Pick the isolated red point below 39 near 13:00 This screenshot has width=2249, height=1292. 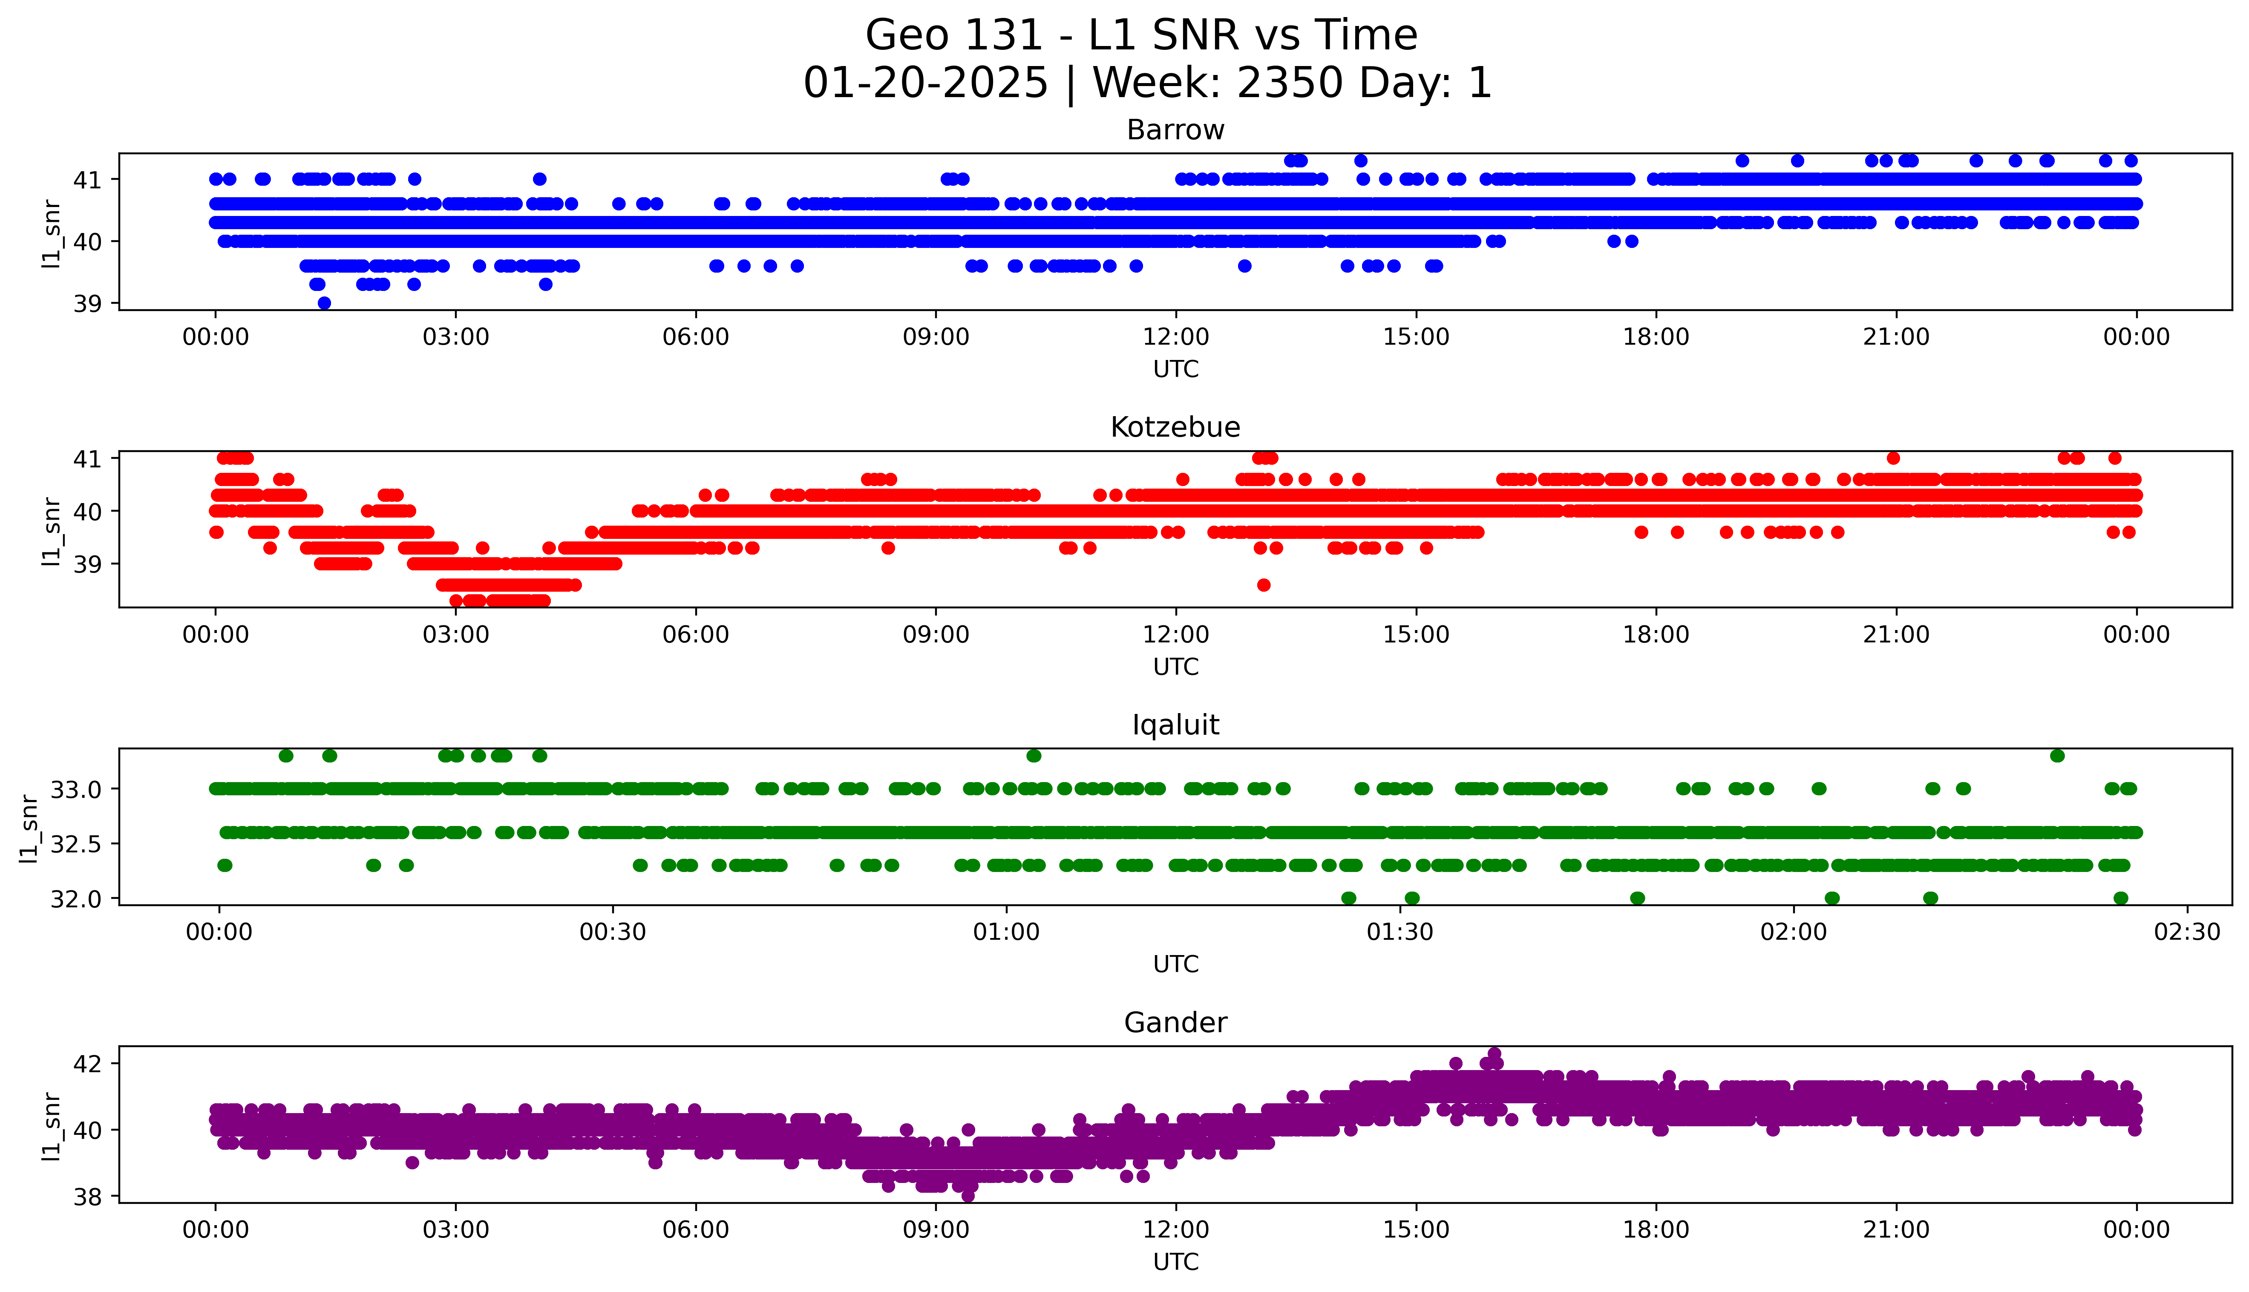tap(1263, 585)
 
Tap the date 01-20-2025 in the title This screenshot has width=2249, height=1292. tap(925, 83)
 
